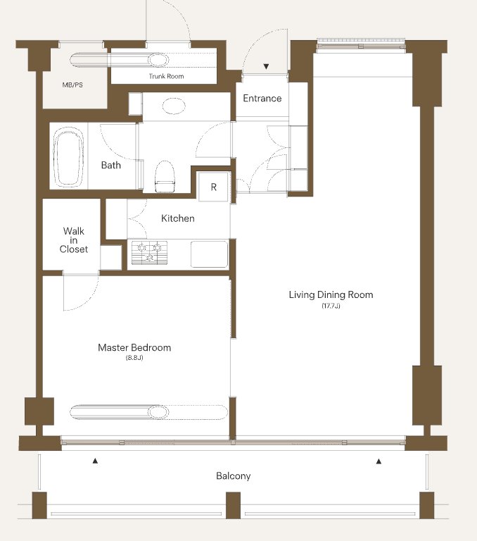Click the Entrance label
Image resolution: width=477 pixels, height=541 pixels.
(x=262, y=99)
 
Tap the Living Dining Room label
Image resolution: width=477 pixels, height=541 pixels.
(x=331, y=294)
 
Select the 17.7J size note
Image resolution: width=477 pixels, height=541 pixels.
(x=331, y=306)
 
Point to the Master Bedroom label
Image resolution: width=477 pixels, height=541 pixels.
(x=134, y=347)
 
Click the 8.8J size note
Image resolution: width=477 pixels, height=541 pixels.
(x=134, y=358)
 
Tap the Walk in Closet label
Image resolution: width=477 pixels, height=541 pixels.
(x=74, y=240)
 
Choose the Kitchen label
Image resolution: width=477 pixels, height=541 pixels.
(x=178, y=218)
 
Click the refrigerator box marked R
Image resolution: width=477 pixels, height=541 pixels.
(x=213, y=187)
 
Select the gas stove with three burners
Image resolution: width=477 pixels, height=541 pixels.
(x=150, y=253)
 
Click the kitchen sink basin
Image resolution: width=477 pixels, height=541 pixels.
(x=209, y=254)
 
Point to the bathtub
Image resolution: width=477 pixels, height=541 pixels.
(x=68, y=156)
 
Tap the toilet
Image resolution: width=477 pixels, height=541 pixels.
(x=165, y=176)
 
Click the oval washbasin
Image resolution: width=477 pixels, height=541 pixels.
(x=173, y=106)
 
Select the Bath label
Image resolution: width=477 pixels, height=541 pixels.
(x=111, y=166)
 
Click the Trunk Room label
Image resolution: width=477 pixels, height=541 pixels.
(x=167, y=76)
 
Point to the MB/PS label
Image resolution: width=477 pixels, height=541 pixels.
(x=72, y=85)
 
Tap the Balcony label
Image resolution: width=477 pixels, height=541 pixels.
(x=234, y=476)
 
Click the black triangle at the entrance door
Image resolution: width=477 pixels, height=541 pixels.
(x=266, y=67)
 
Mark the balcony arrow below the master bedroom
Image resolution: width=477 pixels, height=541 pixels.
(x=95, y=461)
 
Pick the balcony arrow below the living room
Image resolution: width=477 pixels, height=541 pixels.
(x=379, y=461)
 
